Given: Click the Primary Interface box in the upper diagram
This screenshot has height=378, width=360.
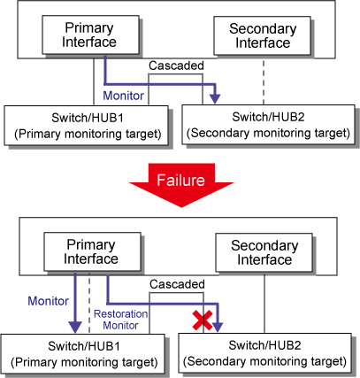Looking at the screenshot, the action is click(91, 35).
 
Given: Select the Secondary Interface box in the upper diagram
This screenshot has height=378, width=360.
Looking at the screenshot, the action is click(262, 35).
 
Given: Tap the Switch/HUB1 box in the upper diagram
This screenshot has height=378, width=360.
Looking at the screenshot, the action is click(86, 126).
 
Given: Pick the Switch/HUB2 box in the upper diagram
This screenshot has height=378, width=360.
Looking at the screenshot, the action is click(268, 125).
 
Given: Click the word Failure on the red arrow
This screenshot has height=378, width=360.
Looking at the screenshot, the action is click(180, 180).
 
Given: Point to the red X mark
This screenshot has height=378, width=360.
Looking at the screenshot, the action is click(203, 320).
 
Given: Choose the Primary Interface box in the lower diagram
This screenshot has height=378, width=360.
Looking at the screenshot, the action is click(92, 251).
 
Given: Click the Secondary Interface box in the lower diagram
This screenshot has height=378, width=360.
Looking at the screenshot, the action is click(264, 252).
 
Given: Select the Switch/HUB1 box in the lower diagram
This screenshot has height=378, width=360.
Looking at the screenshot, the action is click(82, 354).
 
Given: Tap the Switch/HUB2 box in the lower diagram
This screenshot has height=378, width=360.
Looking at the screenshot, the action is click(264, 353).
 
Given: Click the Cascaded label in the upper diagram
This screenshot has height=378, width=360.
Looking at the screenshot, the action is click(176, 66).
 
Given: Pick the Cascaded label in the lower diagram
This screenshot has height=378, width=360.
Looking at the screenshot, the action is click(177, 284).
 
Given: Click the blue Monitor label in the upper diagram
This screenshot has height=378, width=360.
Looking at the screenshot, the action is click(123, 96).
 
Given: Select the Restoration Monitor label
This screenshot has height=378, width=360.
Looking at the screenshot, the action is click(121, 320).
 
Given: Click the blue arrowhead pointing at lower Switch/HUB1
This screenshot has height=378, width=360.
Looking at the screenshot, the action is click(75, 327).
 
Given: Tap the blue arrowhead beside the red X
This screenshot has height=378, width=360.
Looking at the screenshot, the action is click(218, 328).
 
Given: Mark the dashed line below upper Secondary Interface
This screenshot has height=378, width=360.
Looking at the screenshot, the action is click(264, 81).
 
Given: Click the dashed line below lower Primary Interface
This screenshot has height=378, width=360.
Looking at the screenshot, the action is click(89, 303).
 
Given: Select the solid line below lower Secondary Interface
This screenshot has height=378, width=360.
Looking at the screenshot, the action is click(264, 303).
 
